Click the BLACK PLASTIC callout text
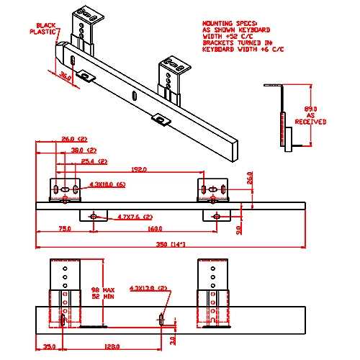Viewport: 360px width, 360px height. coord(45,27)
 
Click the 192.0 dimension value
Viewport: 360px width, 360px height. coord(138,170)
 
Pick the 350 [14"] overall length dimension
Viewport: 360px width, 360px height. coord(172,245)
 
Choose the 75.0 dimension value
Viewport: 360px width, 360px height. coord(64,230)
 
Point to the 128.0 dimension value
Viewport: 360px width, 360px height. coord(110,346)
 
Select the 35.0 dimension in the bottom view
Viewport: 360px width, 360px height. coord(49,346)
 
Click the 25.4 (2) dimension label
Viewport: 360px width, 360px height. coord(94,161)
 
